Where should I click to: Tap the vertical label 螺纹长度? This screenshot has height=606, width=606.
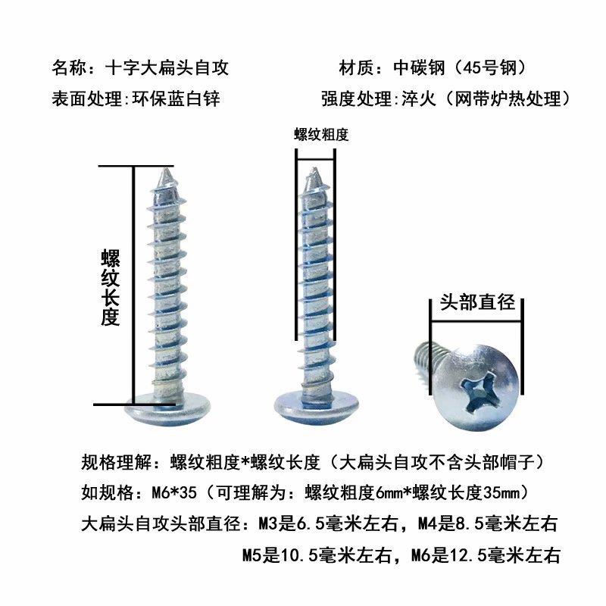click(x=110, y=288)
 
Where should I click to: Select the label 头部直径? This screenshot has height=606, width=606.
click(x=477, y=304)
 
